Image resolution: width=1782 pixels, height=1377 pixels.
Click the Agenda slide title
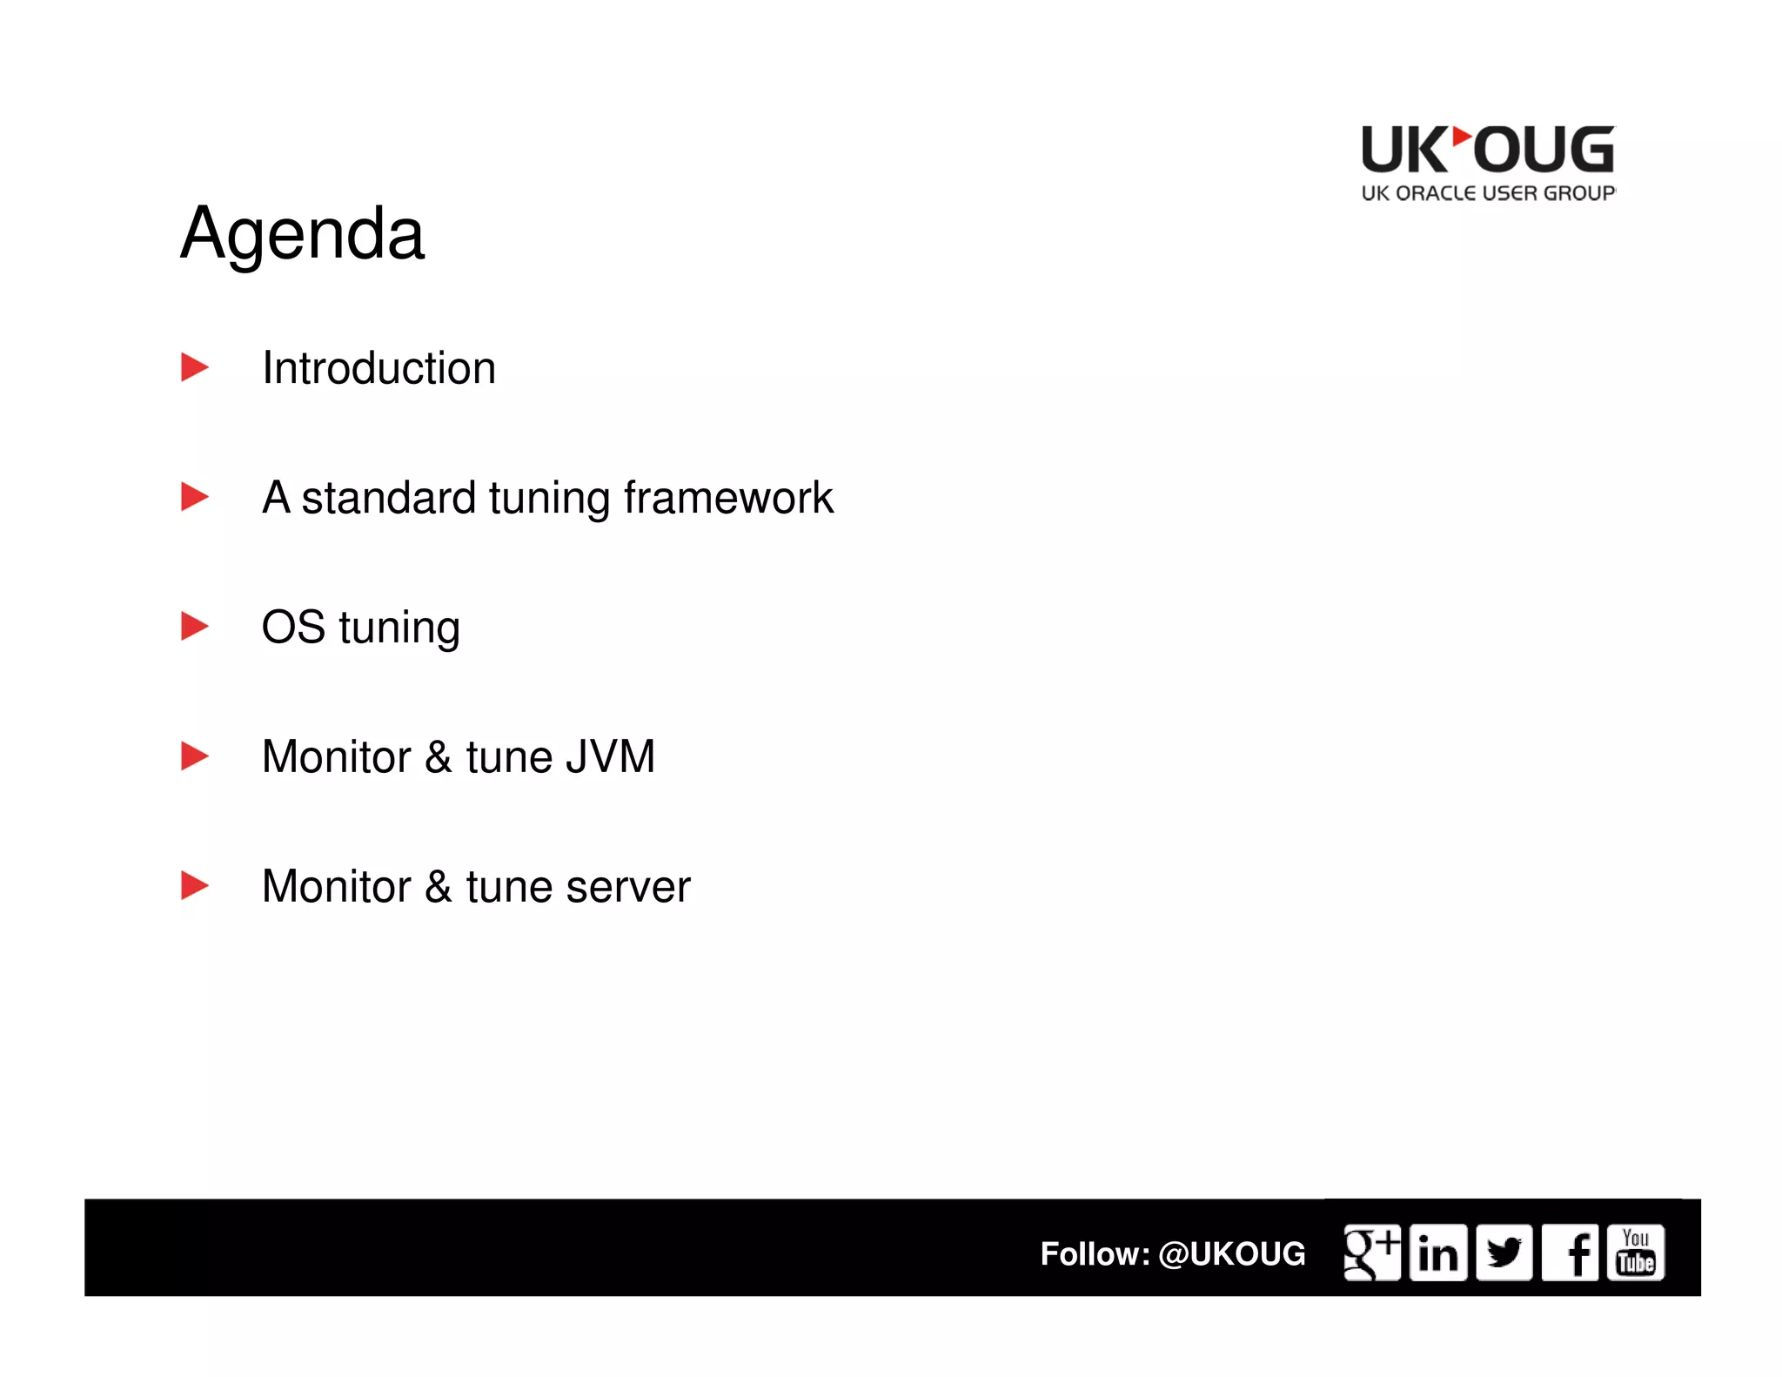click(302, 233)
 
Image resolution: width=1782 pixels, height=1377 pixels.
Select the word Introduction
click(379, 368)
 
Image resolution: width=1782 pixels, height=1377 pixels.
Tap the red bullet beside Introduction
click(194, 367)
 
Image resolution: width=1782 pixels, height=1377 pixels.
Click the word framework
click(727, 498)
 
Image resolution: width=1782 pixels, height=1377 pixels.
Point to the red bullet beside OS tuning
click(194, 626)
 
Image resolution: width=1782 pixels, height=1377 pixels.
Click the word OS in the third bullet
click(293, 627)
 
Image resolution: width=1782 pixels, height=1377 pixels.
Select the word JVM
click(610, 756)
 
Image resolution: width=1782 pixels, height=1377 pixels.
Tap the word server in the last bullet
click(627, 887)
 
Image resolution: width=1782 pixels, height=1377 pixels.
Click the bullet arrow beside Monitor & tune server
click(194, 885)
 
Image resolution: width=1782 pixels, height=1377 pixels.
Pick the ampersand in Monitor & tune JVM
click(439, 756)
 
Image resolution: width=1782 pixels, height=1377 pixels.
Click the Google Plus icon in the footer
click(1371, 1253)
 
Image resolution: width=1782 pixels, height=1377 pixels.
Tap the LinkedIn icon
click(1437, 1253)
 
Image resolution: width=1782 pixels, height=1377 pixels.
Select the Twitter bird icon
click(1504, 1253)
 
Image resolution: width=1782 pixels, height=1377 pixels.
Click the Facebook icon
click(1570, 1253)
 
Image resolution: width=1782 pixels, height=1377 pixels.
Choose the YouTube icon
click(1636, 1253)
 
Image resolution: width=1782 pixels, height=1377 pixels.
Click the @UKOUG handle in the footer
click(1231, 1254)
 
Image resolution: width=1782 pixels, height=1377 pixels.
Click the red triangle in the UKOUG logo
click(1462, 137)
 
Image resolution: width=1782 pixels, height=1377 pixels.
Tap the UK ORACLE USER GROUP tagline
click(1488, 193)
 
